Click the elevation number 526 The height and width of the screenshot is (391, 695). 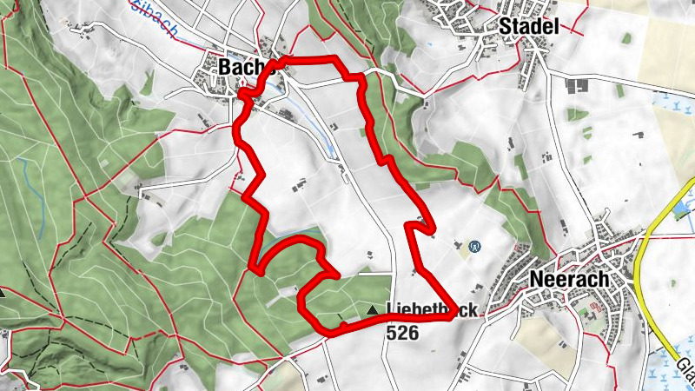click(402, 332)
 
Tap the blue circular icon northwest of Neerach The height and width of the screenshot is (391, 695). click(474, 247)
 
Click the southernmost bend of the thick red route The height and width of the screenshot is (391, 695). click(330, 333)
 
